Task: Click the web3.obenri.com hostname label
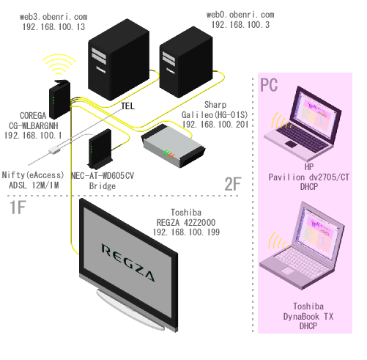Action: click(x=53, y=17)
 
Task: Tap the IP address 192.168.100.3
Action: click(x=240, y=24)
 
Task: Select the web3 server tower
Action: click(x=119, y=59)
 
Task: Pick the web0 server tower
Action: click(x=186, y=62)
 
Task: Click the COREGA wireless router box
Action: click(x=60, y=99)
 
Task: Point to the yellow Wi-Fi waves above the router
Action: click(x=59, y=65)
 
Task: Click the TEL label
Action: click(x=127, y=106)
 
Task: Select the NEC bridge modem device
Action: click(x=100, y=149)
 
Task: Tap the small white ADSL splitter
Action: click(x=54, y=150)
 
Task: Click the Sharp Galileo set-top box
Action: click(x=173, y=146)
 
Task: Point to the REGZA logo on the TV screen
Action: click(x=128, y=262)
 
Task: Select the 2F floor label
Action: click(x=233, y=184)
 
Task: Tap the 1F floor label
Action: click(x=18, y=207)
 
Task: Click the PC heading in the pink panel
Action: click(x=269, y=85)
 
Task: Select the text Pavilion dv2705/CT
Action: click(x=308, y=177)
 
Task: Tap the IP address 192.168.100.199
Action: click(x=186, y=232)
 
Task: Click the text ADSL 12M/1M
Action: click(x=34, y=185)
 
